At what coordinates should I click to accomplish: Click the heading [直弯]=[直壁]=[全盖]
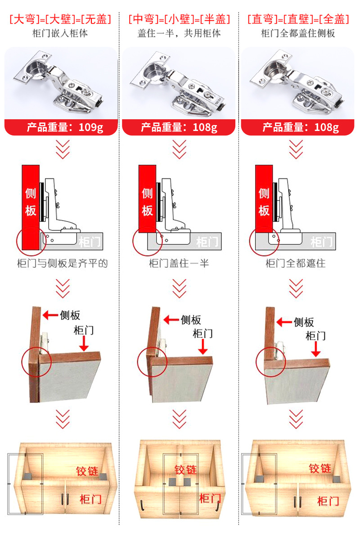(298, 19)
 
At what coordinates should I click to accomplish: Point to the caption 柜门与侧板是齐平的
(62, 263)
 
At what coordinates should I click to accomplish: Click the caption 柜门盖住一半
(179, 263)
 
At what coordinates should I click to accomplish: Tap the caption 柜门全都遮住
(295, 263)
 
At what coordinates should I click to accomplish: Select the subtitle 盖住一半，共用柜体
(179, 33)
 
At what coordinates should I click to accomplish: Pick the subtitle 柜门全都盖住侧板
(298, 33)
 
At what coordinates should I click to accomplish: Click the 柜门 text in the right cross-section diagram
(321, 242)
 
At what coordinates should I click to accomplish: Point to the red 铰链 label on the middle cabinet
(185, 470)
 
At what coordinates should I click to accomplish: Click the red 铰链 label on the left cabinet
(87, 471)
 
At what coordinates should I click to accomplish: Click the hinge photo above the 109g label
(61, 83)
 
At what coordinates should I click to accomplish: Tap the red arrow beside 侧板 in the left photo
(50, 315)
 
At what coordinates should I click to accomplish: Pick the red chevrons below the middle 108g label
(179, 149)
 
